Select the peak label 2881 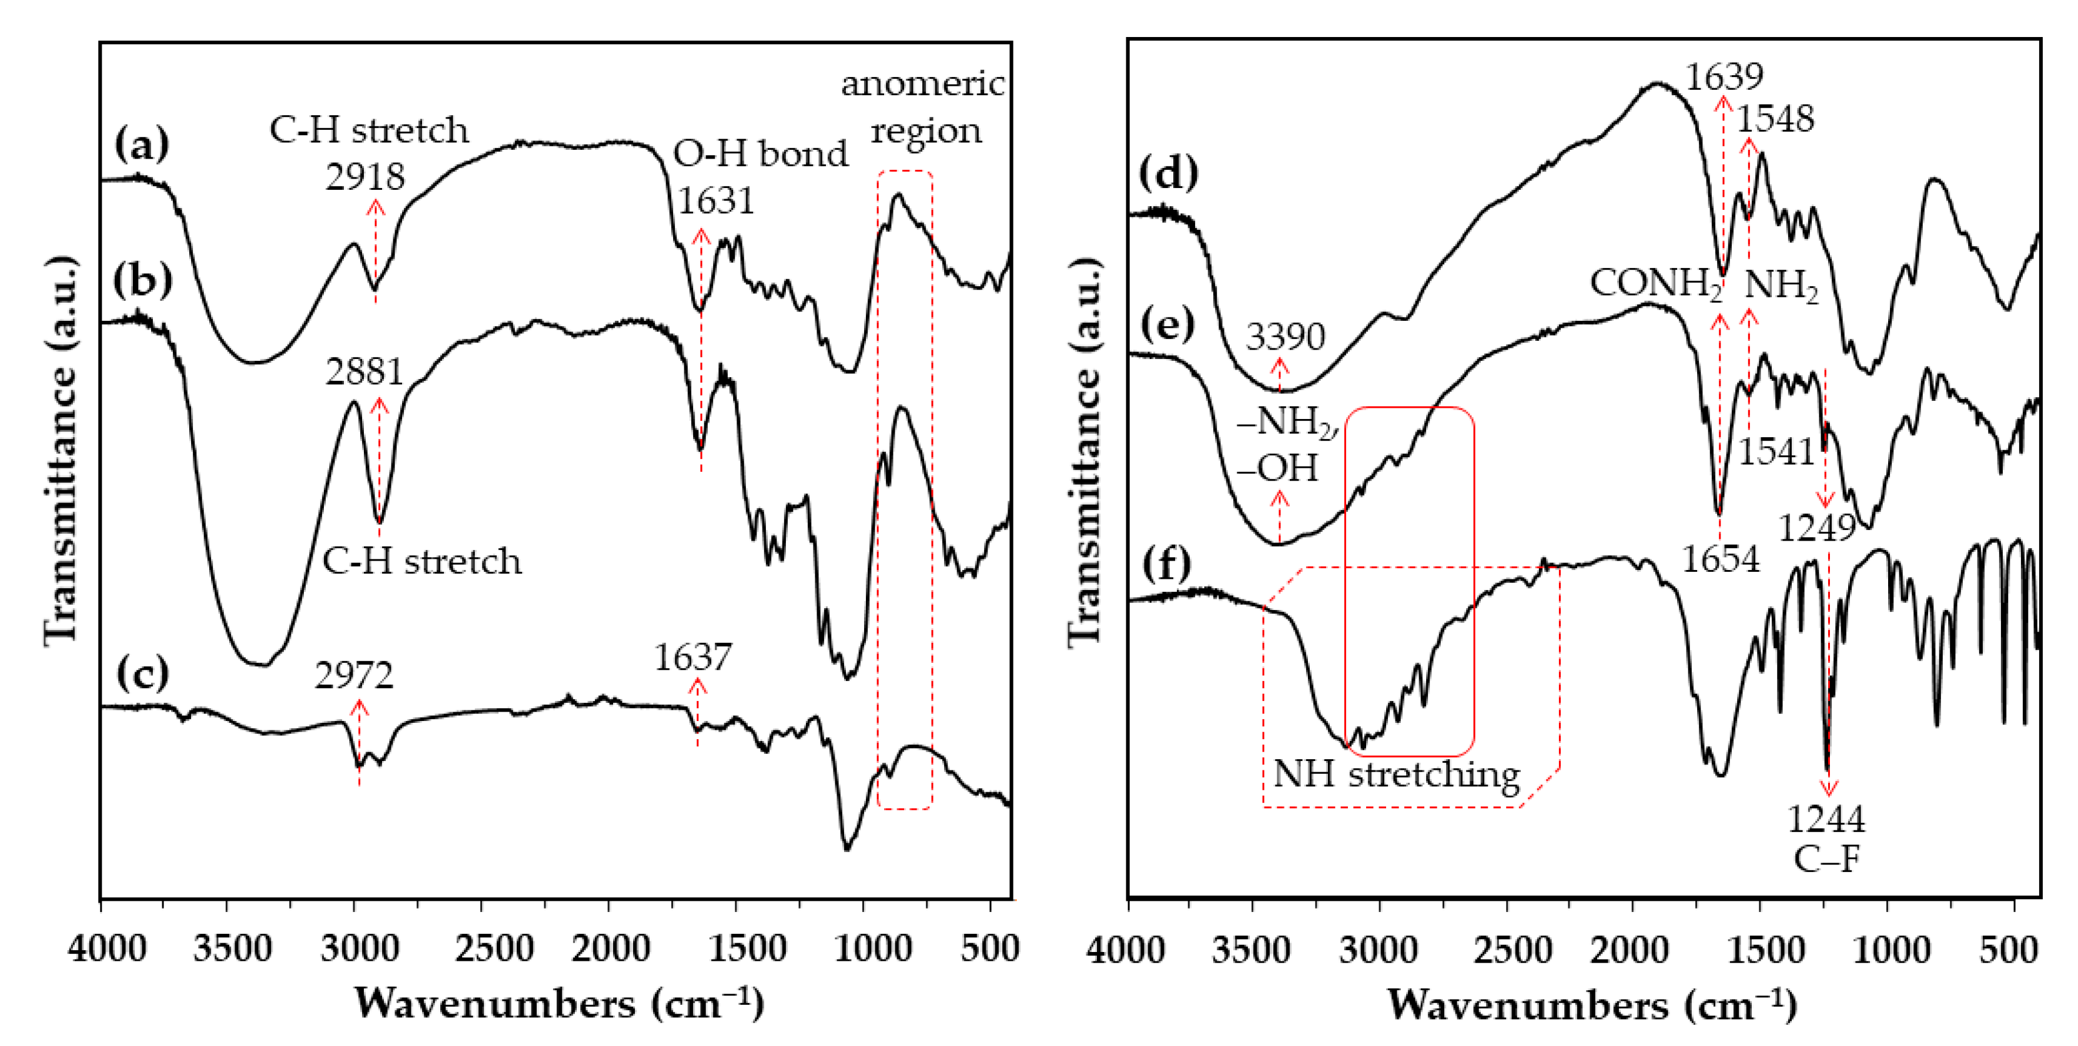click(364, 372)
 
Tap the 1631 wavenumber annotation click(715, 201)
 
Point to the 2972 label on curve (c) click(354, 675)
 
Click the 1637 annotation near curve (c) click(692, 658)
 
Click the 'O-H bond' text click(761, 153)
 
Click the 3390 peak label click(1285, 336)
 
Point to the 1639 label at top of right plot click(1725, 76)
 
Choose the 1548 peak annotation click(1775, 119)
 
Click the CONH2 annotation click(1656, 284)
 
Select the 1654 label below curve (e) click(1720, 558)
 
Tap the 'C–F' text click(1826, 860)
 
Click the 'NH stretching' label click(1396, 775)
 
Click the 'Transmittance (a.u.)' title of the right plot click(1086, 452)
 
